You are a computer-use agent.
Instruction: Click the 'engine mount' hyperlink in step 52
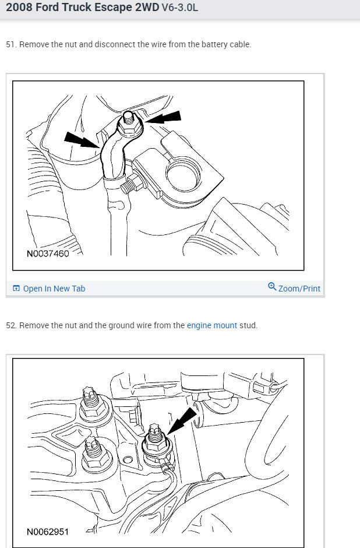pos(211,325)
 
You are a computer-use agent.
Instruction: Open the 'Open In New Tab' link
pos(54,289)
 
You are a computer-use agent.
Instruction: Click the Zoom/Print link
pos(299,289)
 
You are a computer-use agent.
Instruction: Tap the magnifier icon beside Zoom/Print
pos(271,287)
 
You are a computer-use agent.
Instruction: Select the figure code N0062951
pos(47,532)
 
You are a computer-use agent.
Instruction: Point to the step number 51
pos(10,45)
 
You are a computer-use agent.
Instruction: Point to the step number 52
pos(10,325)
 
